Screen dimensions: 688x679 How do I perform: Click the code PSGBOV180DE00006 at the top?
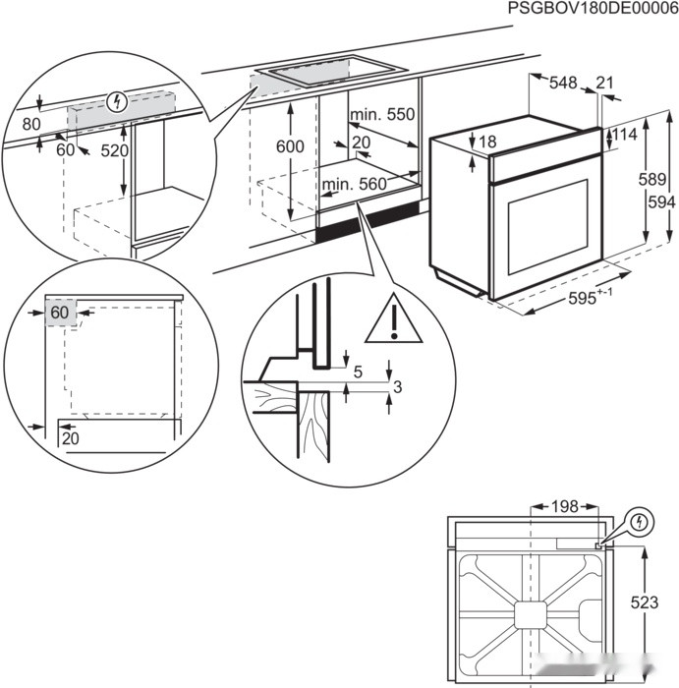coord(593,9)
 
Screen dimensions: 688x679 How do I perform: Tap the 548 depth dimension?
coord(563,85)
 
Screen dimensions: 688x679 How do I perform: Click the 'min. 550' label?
coord(384,115)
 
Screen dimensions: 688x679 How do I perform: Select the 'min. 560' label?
coord(354,184)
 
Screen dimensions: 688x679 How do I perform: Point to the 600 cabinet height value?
coord(290,145)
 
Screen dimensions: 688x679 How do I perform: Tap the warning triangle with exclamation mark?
coord(393,320)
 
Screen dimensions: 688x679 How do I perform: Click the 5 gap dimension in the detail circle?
coord(359,373)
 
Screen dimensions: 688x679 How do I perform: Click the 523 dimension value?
coord(646,602)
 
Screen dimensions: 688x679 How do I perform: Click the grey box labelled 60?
coord(61,313)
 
